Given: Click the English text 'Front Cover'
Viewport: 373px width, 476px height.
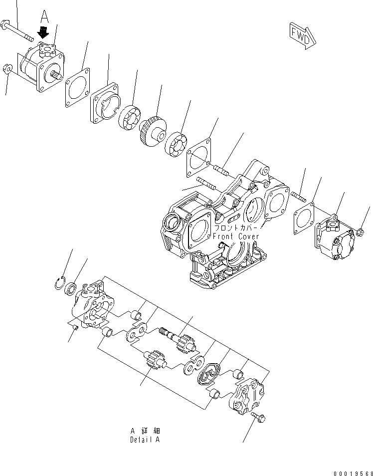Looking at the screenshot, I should [235, 236].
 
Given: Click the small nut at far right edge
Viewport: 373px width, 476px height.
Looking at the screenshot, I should [360, 231].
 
